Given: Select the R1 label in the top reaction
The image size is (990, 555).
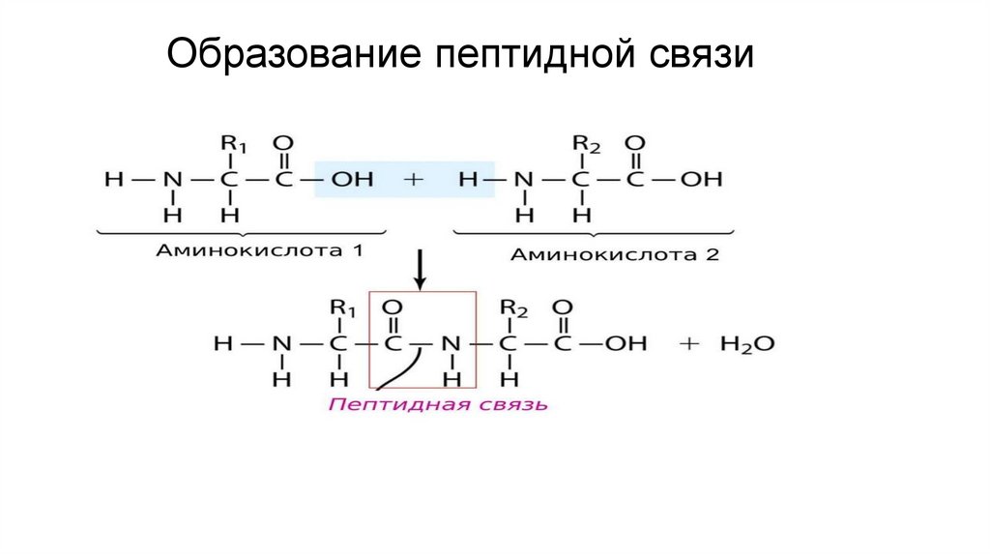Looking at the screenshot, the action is (x=234, y=145).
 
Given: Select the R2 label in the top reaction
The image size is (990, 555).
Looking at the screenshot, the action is (x=587, y=145).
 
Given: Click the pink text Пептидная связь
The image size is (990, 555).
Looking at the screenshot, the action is (x=438, y=404).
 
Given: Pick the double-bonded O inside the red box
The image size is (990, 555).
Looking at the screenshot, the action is (x=394, y=307).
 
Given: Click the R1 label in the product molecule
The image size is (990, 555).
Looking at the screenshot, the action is (x=344, y=308).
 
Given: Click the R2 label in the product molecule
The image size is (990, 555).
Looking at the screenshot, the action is (x=513, y=308).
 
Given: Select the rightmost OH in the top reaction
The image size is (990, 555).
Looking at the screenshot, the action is (x=701, y=179).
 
